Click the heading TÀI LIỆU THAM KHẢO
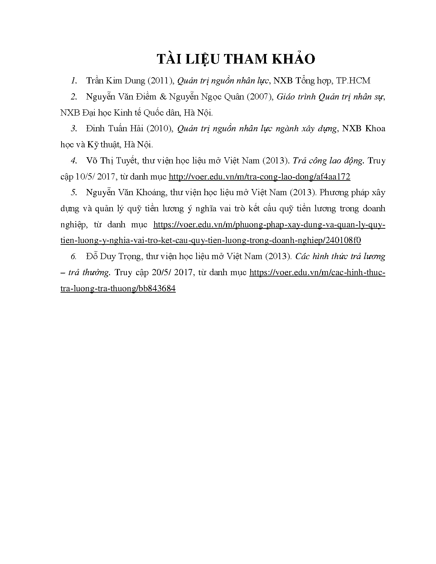pyautogui.click(x=236, y=59)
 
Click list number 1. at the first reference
pyautogui.click(x=74, y=81)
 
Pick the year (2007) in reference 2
pyautogui.click(x=260, y=97)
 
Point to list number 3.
pyautogui.click(x=74, y=129)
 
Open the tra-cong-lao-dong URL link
pyautogui.click(x=260, y=177)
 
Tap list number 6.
pyautogui.click(x=74, y=256)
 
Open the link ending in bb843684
pyautogui.click(x=118, y=288)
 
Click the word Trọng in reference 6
pyautogui.click(x=132, y=256)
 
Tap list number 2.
pyautogui.click(x=74, y=97)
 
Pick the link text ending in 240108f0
pyautogui.click(x=210, y=241)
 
